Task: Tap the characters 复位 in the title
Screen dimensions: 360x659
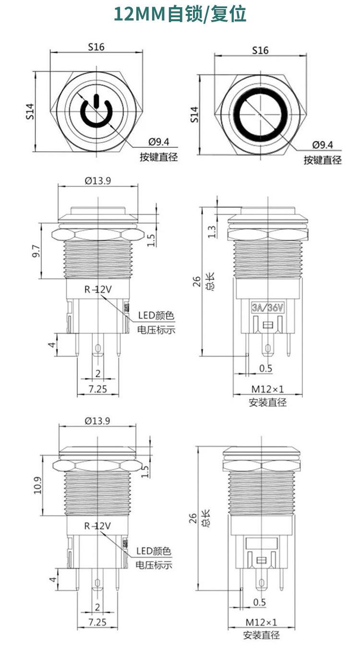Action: click(x=228, y=14)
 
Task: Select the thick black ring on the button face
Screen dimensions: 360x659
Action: click(x=261, y=114)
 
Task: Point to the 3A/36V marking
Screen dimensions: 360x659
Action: click(x=267, y=308)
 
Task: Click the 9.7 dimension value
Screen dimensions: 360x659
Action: click(x=36, y=251)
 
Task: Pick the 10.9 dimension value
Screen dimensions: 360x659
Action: click(x=38, y=485)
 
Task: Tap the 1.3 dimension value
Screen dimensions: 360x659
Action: click(x=212, y=231)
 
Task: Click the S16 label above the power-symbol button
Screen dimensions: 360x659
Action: click(x=96, y=47)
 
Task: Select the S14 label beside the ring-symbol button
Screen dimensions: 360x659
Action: click(x=195, y=114)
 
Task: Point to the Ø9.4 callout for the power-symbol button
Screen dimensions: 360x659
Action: click(x=159, y=142)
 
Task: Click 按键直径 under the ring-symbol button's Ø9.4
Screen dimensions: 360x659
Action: click(x=323, y=160)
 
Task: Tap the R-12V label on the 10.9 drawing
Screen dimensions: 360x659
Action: click(x=97, y=526)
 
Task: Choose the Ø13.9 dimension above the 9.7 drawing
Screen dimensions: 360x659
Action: click(x=98, y=180)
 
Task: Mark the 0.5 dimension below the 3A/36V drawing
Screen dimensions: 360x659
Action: click(x=265, y=368)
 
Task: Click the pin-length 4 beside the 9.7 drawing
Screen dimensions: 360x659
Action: click(x=52, y=345)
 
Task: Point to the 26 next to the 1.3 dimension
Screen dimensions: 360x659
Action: click(x=196, y=281)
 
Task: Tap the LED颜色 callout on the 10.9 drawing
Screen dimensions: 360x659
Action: click(x=154, y=551)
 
